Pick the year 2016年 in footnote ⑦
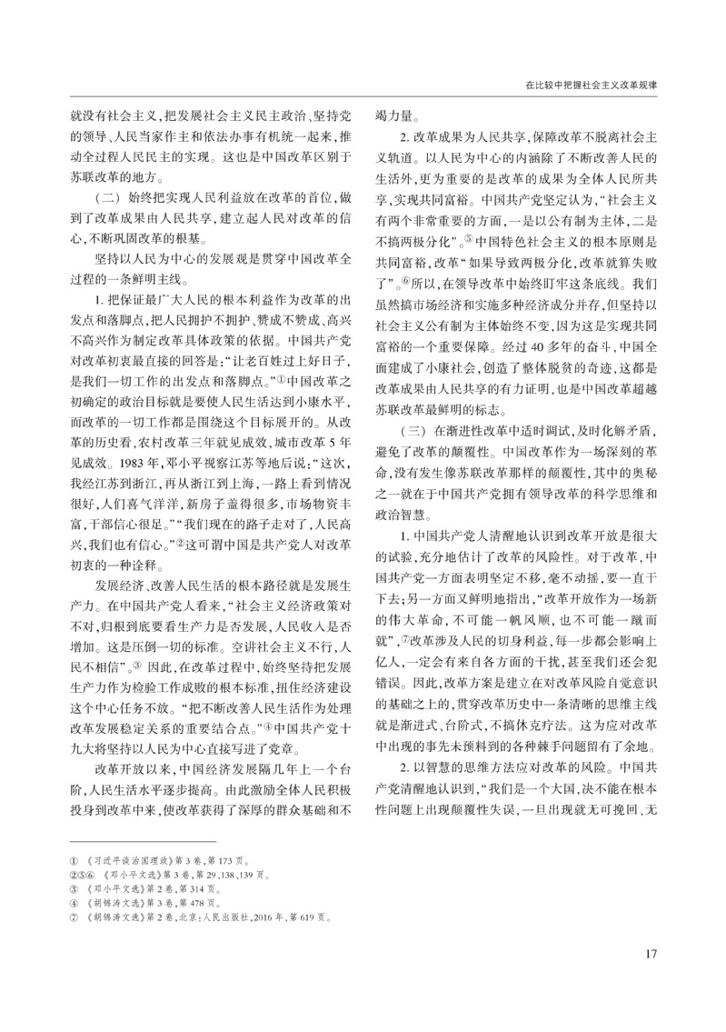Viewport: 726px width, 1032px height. point(263,924)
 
